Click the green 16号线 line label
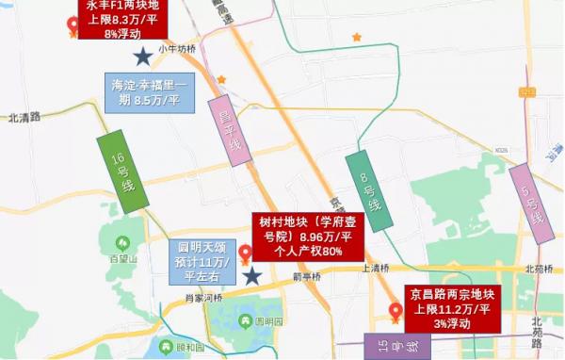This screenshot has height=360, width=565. pyautogui.click(x=123, y=172)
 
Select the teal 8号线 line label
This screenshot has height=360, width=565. pyautogui.click(x=368, y=191)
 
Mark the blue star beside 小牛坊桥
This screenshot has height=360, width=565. pyautogui.click(x=142, y=57)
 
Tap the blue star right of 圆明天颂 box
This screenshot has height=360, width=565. pyautogui.click(x=252, y=275)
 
